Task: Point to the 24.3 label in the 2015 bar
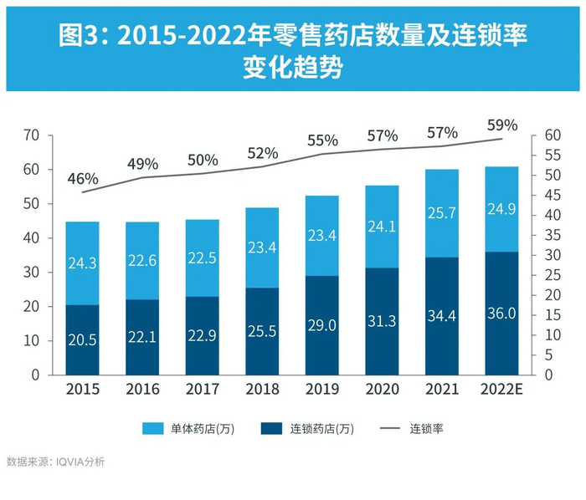click(83, 263)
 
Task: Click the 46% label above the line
click(84, 178)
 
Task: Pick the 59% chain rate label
click(503, 125)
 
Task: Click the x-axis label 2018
click(262, 390)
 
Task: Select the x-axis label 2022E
click(501, 390)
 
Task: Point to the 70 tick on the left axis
click(31, 135)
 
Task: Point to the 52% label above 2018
click(263, 153)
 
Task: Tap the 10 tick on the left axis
click(31, 341)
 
